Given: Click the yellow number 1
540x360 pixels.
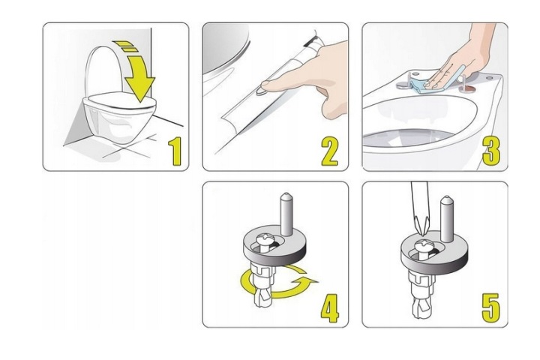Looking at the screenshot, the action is click(175, 151).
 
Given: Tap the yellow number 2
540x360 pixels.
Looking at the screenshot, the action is click(330, 151).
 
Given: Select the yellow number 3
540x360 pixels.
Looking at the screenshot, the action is click(491, 151).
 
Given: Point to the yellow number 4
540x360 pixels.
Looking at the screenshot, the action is click(330, 308).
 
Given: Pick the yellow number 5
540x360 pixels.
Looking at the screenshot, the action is click(490, 308).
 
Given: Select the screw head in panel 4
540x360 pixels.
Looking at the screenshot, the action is click(265, 238).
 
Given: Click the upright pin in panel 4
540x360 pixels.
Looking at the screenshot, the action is click(286, 214).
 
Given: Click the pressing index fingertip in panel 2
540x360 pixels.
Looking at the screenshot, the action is click(268, 85).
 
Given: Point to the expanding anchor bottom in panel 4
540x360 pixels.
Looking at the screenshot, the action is click(263, 299).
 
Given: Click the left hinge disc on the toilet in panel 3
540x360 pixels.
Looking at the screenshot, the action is click(403, 85).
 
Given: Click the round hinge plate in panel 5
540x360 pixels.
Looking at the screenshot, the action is click(434, 262).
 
